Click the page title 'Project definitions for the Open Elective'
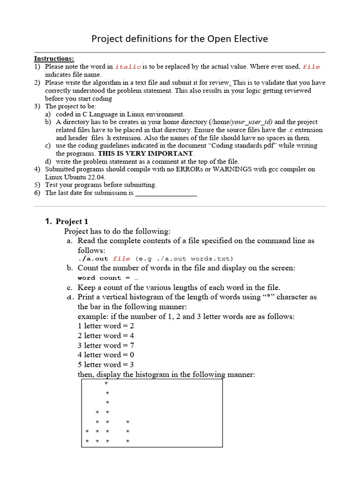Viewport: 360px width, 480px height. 180,38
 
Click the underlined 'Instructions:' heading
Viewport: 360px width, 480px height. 54,59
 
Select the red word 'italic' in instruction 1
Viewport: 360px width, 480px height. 128,67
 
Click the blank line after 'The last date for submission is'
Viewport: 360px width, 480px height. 166,193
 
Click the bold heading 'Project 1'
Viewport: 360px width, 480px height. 72,221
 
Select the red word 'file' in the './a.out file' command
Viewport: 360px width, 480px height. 121,259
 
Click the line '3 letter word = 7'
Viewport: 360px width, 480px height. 106,345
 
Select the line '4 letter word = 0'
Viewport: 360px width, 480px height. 106,355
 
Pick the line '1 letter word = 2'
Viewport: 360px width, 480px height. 106,326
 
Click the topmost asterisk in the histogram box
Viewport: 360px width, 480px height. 106,383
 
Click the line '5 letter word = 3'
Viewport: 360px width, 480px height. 106,365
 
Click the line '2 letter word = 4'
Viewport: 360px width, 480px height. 106,336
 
